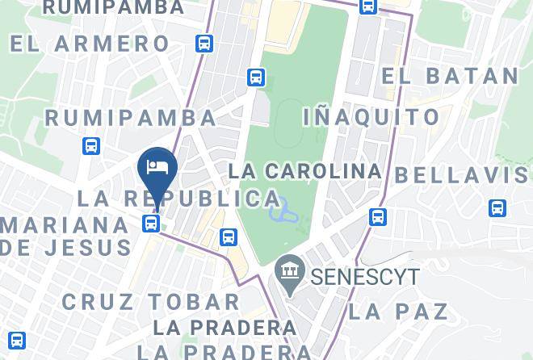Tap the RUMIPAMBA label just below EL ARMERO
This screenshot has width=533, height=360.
click(x=130, y=117)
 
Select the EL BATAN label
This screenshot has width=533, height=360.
click(x=450, y=76)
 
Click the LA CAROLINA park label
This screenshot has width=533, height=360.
click(x=304, y=171)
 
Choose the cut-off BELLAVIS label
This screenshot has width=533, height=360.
click(x=463, y=174)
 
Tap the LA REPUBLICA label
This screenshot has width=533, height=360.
click(x=179, y=199)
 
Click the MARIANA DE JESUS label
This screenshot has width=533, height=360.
click(x=65, y=235)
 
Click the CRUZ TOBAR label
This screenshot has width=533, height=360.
click(x=151, y=302)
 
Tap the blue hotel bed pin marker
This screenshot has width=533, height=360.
click(x=157, y=168)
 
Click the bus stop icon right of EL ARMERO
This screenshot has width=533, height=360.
click(x=205, y=44)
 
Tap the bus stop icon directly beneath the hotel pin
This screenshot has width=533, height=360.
click(x=152, y=222)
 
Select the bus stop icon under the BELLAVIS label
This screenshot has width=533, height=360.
click(x=498, y=208)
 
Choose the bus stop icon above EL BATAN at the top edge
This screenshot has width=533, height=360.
click(x=367, y=6)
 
